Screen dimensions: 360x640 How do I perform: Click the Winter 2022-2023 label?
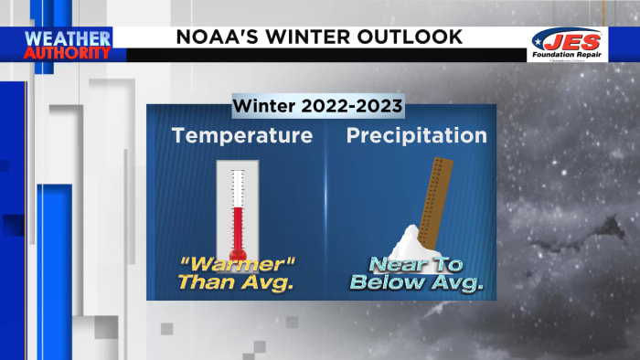coord(317,106)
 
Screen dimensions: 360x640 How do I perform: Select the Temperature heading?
coord(242,136)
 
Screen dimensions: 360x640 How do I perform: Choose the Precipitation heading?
coord(416,136)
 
